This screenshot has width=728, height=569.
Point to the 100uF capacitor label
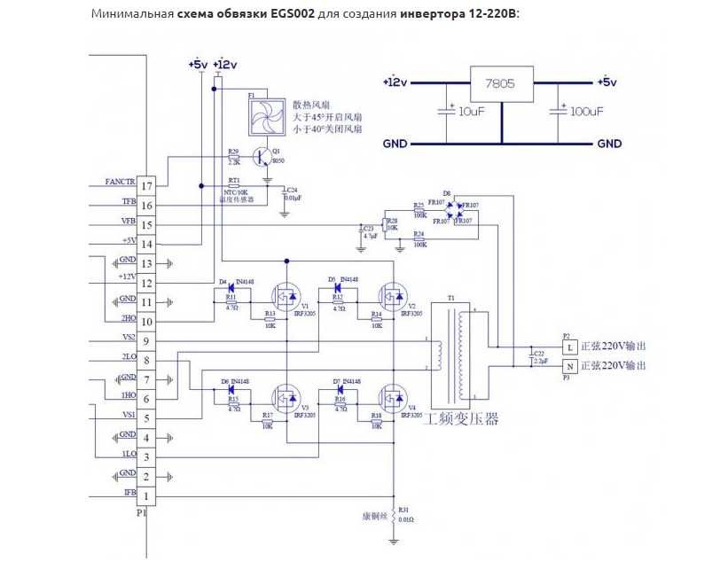(x=586, y=112)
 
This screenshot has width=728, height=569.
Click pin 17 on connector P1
(x=147, y=185)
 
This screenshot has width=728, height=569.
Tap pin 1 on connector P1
(x=147, y=495)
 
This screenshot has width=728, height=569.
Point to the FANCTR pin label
(x=120, y=182)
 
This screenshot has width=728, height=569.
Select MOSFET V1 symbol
(x=286, y=294)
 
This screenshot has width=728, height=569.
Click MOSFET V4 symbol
(x=391, y=395)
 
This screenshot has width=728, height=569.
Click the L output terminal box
(x=570, y=345)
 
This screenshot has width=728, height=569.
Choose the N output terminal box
(x=570, y=365)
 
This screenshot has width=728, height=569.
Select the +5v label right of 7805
(x=607, y=82)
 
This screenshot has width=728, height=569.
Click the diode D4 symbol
(x=230, y=287)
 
